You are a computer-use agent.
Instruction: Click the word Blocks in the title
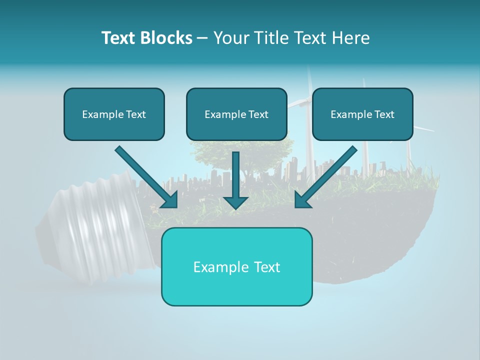[x=166, y=38]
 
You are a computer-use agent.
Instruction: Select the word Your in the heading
[x=231, y=38]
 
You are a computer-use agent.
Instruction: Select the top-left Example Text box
[x=114, y=114]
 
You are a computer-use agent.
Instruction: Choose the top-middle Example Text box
[x=236, y=114]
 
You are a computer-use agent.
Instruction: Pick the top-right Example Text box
[x=362, y=114]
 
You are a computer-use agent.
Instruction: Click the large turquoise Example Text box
[x=236, y=266]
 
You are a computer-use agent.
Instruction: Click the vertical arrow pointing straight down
[x=236, y=180]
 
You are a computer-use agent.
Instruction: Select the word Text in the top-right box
[x=384, y=114]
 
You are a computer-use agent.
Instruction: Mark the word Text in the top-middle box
[x=258, y=114]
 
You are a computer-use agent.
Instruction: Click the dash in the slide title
[x=202, y=38]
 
